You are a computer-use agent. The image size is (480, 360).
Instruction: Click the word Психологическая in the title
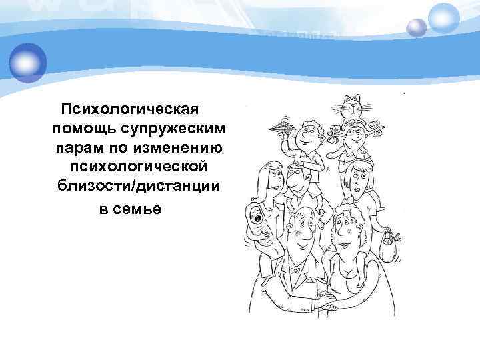pos(131,107)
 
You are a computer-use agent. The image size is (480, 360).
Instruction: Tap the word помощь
pos(83,127)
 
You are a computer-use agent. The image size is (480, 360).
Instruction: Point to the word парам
pos(78,145)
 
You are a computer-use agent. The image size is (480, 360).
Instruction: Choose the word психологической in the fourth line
pos(143,164)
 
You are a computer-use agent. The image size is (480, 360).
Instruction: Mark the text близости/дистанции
pos(139,183)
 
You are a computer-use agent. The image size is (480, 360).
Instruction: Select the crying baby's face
pos(256,216)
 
